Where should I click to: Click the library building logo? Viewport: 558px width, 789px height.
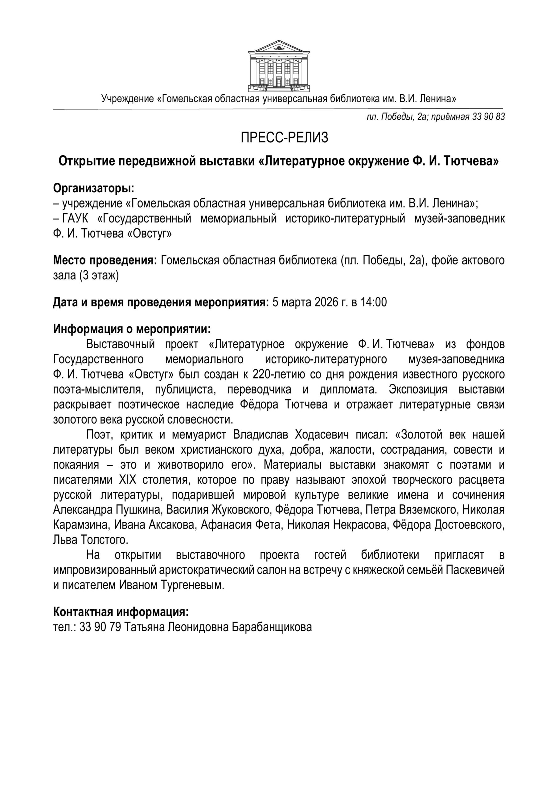279,66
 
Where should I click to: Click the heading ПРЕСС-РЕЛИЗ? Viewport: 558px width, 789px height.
284,137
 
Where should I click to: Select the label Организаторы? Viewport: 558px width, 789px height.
93,188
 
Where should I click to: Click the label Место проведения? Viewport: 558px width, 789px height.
105,260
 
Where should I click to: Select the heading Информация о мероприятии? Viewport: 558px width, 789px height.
132,329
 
